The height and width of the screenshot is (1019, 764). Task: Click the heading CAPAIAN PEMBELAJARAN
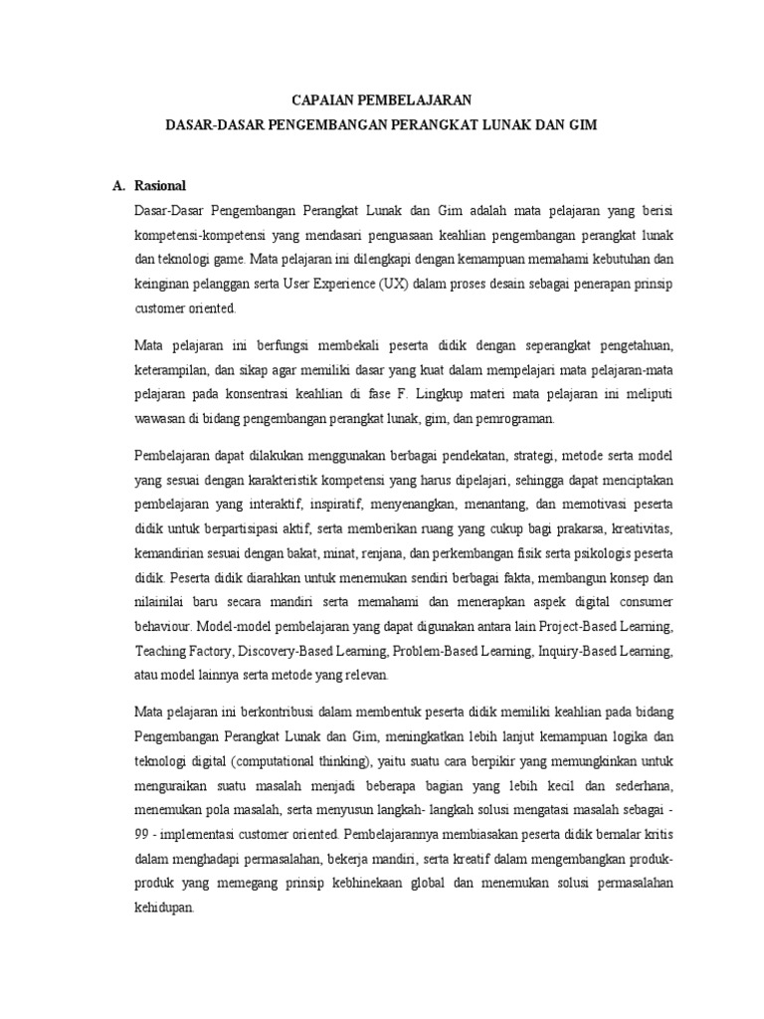click(x=381, y=101)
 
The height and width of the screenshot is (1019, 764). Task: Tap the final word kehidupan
click(x=163, y=905)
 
